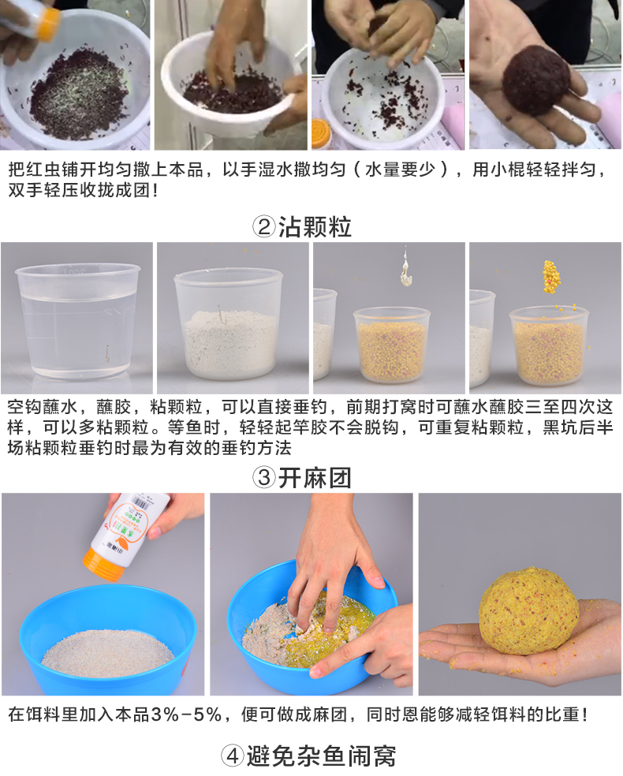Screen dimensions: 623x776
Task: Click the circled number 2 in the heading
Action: pyautogui.click(x=263, y=227)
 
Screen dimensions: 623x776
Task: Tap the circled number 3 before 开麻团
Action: pyautogui.click(x=263, y=478)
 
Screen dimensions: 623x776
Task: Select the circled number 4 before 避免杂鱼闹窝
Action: pyautogui.click(x=232, y=755)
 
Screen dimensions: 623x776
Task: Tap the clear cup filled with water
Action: pyautogui.click(x=78, y=322)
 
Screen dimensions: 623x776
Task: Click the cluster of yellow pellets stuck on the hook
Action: pyautogui.click(x=550, y=276)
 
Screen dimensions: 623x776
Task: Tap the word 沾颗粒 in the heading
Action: pyautogui.click(x=315, y=227)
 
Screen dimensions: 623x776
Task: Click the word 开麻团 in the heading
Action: pyautogui.click(x=315, y=478)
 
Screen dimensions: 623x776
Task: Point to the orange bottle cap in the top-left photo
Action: pyautogui.click(x=47, y=24)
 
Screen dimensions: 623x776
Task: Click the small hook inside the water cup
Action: pyautogui.click(x=107, y=354)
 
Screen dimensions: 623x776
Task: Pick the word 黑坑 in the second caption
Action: pyautogui.click(x=561, y=427)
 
